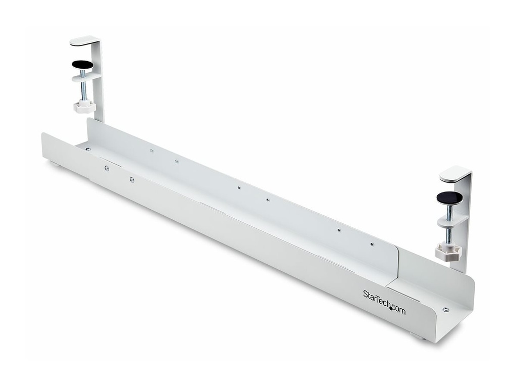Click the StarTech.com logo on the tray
384,302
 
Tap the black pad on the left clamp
82,64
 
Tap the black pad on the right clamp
449,197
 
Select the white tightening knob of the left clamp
84,106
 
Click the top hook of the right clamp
455,173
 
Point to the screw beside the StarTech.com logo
445,310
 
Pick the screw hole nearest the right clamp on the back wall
372,245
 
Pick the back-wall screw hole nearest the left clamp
151,150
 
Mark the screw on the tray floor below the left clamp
88,149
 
